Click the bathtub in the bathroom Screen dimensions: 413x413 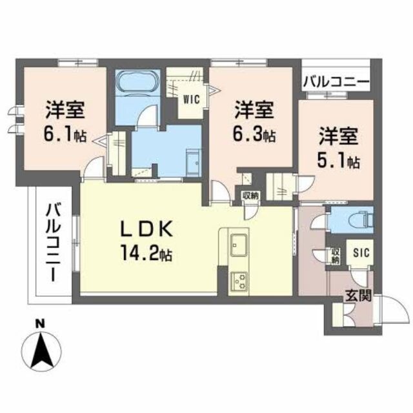[x=136, y=83]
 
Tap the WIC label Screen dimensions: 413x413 [x=192, y=99]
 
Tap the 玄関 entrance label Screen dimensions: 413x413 [x=356, y=296]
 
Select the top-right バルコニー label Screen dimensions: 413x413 [x=336, y=83]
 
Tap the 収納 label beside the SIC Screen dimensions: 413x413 [x=336, y=255]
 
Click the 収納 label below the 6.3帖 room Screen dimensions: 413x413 [x=250, y=194]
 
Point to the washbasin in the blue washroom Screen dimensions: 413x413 [x=192, y=161]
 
